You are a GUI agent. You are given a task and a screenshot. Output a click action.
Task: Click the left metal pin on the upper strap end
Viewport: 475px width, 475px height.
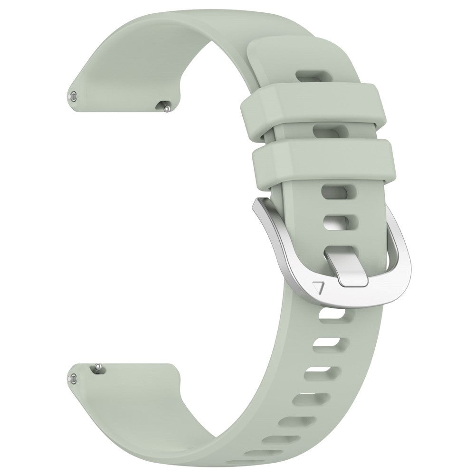[74, 96]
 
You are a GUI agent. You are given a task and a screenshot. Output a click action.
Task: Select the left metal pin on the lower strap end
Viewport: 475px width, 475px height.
[74, 380]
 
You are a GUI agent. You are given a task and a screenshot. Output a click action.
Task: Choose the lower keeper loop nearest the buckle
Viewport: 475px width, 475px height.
[322, 161]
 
